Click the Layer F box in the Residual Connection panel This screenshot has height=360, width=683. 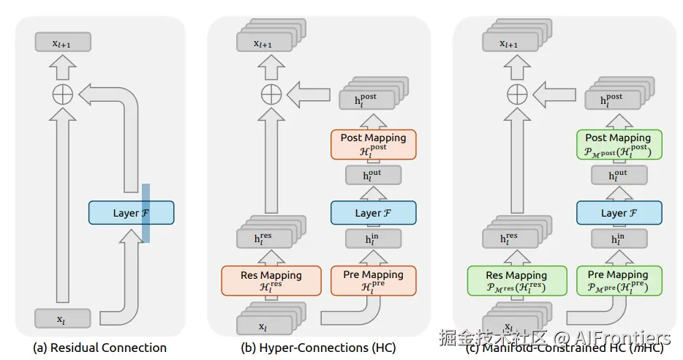[131, 213]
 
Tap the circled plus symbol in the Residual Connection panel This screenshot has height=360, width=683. [63, 93]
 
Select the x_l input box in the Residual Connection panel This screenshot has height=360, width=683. [63, 318]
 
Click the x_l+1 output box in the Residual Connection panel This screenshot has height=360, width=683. [63, 43]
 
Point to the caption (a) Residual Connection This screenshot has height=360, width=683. [100, 348]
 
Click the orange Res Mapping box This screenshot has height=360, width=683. [271, 280]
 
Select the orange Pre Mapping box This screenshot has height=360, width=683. [373, 280]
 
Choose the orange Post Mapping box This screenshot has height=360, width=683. [373, 143]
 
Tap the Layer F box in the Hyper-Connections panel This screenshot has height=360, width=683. [373, 213]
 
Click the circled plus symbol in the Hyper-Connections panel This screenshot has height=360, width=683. [271, 93]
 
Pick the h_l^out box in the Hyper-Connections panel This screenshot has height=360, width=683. [373, 176]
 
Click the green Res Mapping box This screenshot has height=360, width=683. [516, 280]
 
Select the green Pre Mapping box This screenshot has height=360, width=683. [619, 280]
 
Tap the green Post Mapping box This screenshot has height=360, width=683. [619, 143]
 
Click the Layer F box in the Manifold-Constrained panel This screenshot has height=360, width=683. [619, 213]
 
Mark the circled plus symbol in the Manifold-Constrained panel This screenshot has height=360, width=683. [517, 93]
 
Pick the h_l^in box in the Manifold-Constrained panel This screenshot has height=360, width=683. [619, 239]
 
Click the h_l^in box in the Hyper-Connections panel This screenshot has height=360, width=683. [373, 239]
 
